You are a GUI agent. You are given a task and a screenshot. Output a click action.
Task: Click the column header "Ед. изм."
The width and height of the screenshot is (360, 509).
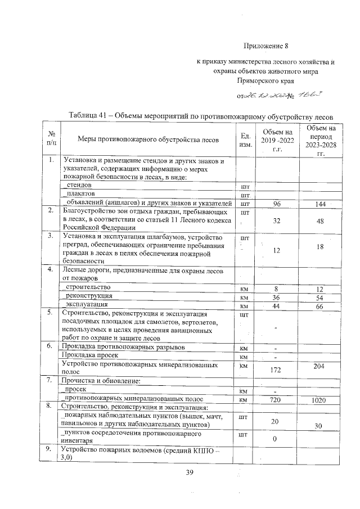coord(245,140)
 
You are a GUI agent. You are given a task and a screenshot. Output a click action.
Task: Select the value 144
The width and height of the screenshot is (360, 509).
coord(321,204)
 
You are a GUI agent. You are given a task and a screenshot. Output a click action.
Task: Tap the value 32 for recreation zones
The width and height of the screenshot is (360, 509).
coord(276,221)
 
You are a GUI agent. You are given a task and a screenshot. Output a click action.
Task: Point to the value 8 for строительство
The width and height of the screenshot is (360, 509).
coord(276,288)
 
